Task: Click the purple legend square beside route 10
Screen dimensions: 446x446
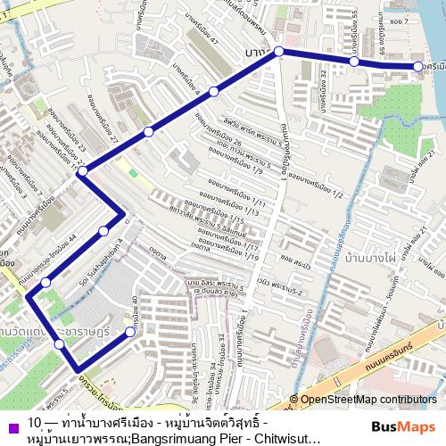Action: pos(12,424)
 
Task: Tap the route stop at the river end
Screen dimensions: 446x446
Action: pos(417,67)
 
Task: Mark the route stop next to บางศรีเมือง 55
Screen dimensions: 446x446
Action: pos(354,62)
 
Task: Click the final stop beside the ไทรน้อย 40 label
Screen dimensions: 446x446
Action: pos(130,332)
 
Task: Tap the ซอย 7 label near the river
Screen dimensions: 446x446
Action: pos(405,20)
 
